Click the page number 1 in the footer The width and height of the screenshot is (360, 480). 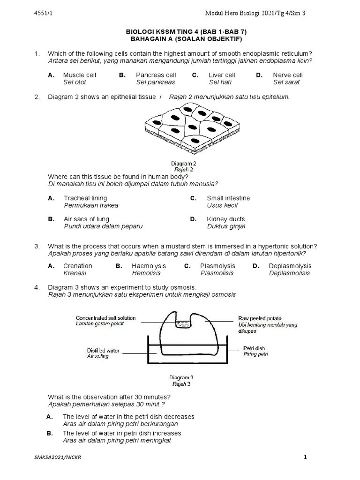coord(305,458)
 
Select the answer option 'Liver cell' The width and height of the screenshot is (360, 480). coord(222,75)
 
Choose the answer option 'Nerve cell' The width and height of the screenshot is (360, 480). coord(288,75)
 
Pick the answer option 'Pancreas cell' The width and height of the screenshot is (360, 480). coord(156,75)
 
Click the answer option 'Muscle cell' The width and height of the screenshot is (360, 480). coord(79,75)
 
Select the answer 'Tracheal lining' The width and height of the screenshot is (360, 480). coord(85,198)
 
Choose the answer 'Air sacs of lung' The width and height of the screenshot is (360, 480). coord(86,219)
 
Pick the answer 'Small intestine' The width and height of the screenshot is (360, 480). coord(228,198)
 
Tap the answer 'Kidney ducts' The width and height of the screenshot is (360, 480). coord(225,219)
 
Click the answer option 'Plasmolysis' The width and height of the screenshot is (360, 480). coord(217,266)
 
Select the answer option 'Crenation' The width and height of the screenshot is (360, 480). coord(78,266)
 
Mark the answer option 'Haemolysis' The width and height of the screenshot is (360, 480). coord(147,266)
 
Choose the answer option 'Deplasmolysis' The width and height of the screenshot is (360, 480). coord(290,266)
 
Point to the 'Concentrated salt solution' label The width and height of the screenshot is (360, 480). coord(105,318)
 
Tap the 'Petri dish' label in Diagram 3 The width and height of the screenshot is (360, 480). coord(254,348)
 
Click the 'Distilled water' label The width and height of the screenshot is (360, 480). coord(103,350)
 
